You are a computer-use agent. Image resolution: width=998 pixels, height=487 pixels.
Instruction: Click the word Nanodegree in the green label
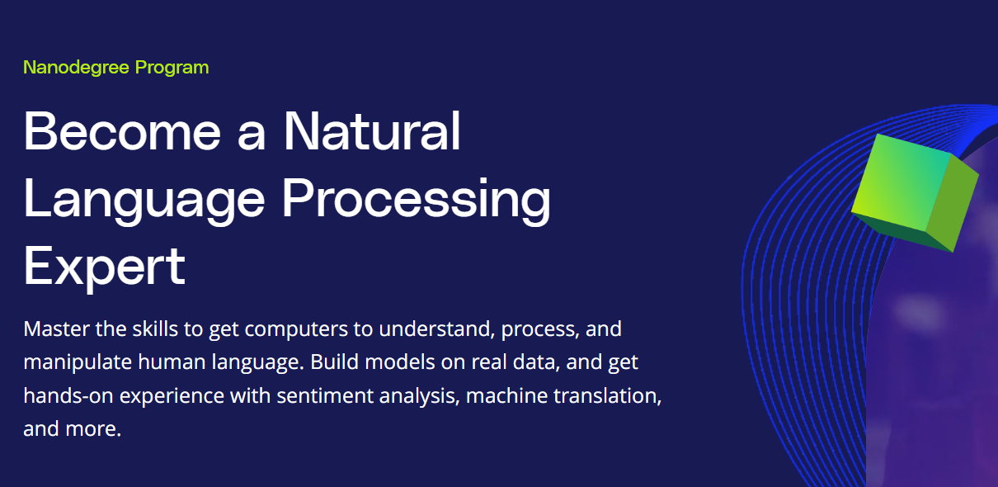76,68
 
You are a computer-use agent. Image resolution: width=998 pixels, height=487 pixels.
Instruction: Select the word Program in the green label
172,69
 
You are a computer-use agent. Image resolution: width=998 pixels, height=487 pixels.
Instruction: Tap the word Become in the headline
122,131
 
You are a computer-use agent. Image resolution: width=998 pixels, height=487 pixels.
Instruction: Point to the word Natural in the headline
372,131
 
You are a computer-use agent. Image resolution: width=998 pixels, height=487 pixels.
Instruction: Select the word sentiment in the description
325,396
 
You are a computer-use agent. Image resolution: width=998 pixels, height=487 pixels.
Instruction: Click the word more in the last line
92,429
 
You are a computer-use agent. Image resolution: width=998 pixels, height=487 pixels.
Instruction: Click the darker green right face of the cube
953,203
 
